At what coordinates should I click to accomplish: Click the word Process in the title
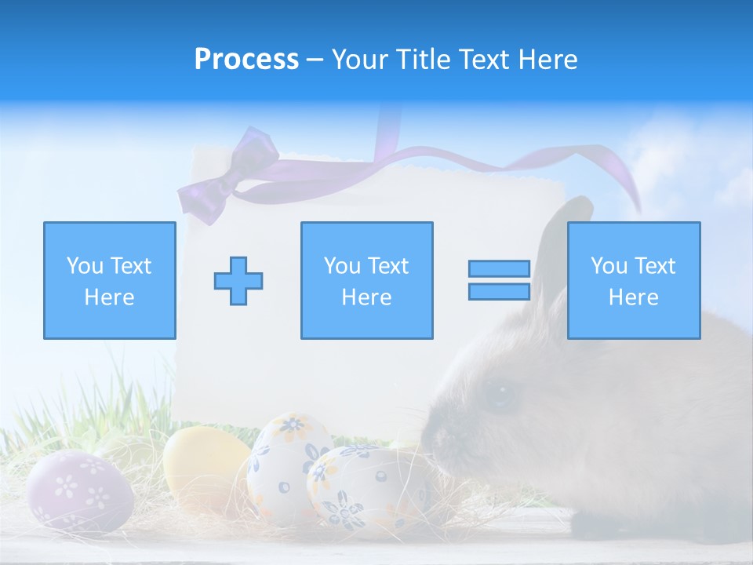246,60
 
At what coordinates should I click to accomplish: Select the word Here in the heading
548,60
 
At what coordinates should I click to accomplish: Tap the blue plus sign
238,280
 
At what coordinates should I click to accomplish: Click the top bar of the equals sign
499,269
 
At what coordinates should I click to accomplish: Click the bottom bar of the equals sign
499,292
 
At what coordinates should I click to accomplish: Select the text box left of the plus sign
109,280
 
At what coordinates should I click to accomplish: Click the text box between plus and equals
366,280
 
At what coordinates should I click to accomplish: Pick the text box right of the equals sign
633,280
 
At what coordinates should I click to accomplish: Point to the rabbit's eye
499,394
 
